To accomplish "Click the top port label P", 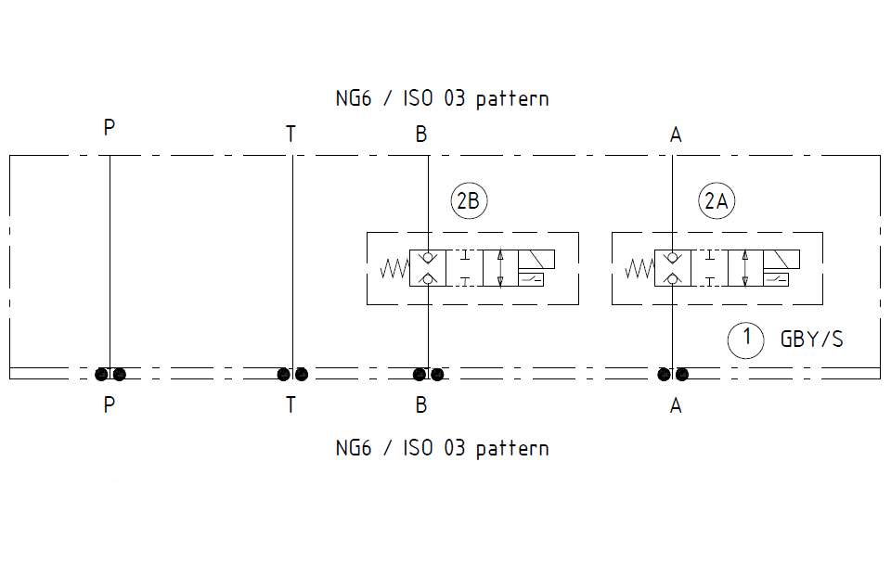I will point(110,127).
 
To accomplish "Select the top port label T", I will point(291,135).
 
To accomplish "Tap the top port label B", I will point(421,135).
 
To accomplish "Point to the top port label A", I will point(676,135).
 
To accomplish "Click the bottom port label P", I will point(110,405).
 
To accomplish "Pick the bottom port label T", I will point(291,405).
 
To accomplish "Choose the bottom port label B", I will point(421,405).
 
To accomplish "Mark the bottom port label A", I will point(676,405).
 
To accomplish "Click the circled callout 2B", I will point(470,201).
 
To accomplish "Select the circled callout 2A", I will point(716,201).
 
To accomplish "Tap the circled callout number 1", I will point(745,339).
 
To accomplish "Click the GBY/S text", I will point(812,339).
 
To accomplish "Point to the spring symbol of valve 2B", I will point(394,269).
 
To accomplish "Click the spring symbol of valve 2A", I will point(640,269).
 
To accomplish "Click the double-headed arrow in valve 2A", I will point(746,268).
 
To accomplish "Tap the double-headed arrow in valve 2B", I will point(500,268).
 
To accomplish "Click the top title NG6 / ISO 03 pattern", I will point(442,98).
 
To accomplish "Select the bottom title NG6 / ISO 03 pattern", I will point(442,448).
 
